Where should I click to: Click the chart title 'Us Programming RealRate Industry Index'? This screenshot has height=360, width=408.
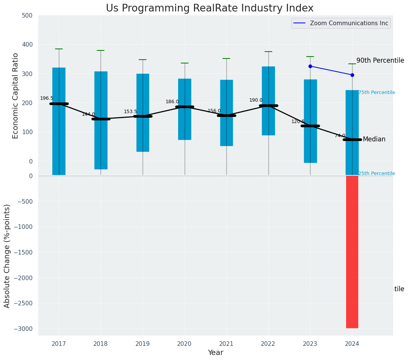pyautogui.click(x=210, y=8)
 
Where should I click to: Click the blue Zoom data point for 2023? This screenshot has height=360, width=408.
pyautogui.click(x=310, y=66)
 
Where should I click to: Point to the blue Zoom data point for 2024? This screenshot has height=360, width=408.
pyautogui.click(x=352, y=75)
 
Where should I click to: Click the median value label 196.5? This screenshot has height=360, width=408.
pyautogui.click(x=47, y=99)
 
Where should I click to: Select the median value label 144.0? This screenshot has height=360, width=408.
pyautogui.click(x=88, y=114)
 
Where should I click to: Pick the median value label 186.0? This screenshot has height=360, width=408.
pyautogui.click(x=172, y=102)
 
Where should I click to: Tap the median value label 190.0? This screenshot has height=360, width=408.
pyautogui.click(x=256, y=100)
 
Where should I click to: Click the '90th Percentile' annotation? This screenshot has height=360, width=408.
pyautogui.click(x=380, y=60)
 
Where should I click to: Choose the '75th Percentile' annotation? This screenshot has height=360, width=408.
pyautogui.click(x=377, y=92)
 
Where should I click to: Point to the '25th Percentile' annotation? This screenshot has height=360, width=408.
pyautogui.click(x=377, y=174)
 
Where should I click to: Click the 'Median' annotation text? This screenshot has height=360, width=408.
pyautogui.click(x=374, y=139)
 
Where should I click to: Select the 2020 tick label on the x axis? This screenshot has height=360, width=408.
pyautogui.click(x=185, y=344)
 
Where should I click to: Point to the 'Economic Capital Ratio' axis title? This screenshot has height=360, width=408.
pyautogui.click(x=16, y=96)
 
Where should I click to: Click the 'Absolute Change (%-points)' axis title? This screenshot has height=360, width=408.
pyautogui.click(x=7, y=256)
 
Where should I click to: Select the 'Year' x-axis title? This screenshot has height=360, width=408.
pyautogui.click(x=216, y=353)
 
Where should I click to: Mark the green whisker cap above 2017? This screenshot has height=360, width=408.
pyautogui.click(x=59, y=49)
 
